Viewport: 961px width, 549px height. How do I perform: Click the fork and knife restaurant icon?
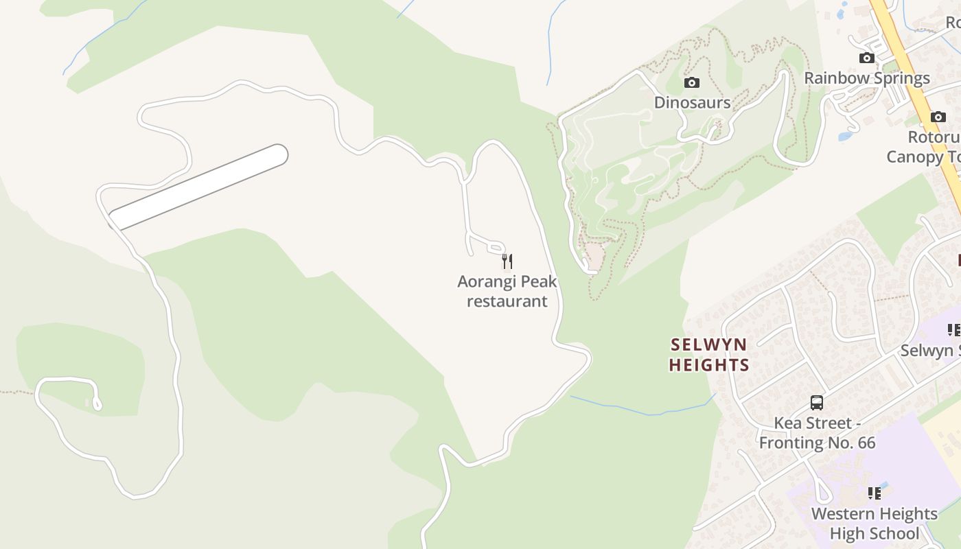[507, 261]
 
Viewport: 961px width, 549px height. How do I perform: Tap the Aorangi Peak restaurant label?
[507, 291]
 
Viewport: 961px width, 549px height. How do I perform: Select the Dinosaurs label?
[692, 102]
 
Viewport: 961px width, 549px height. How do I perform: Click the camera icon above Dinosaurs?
[692, 83]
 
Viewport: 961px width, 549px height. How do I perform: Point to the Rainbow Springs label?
[867, 78]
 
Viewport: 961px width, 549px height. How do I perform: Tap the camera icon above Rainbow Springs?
[867, 58]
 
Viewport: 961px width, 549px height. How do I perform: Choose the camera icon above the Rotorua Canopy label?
[938, 117]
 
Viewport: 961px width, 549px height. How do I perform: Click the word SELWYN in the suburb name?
[708, 344]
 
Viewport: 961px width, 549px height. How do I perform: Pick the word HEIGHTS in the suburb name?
[709, 364]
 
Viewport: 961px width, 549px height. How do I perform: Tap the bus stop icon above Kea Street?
[817, 403]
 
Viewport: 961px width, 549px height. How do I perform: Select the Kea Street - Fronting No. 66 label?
[817, 432]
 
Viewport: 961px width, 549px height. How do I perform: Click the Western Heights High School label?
[875, 523]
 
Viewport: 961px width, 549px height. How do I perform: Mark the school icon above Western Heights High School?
[875, 493]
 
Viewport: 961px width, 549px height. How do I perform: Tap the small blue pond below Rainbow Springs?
[845, 136]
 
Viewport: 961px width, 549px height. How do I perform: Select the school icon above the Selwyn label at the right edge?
[953, 331]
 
